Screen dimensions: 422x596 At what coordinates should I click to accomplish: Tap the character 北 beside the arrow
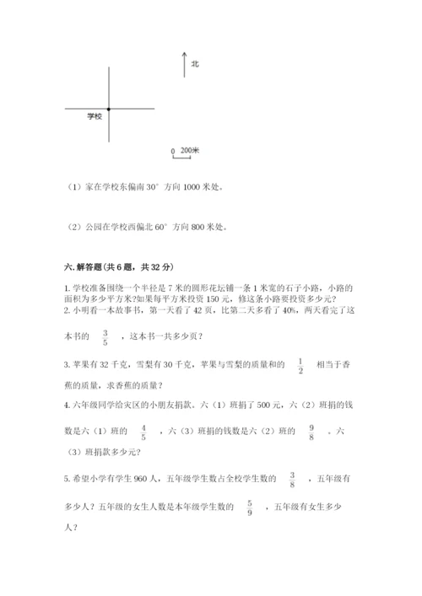click(195, 63)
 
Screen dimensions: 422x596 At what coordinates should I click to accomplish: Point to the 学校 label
click(95, 116)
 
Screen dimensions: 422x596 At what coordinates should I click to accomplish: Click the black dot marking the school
click(109, 110)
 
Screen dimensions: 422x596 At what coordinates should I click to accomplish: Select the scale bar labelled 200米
click(185, 153)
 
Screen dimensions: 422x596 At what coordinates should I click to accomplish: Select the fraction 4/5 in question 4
click(144, 432)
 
